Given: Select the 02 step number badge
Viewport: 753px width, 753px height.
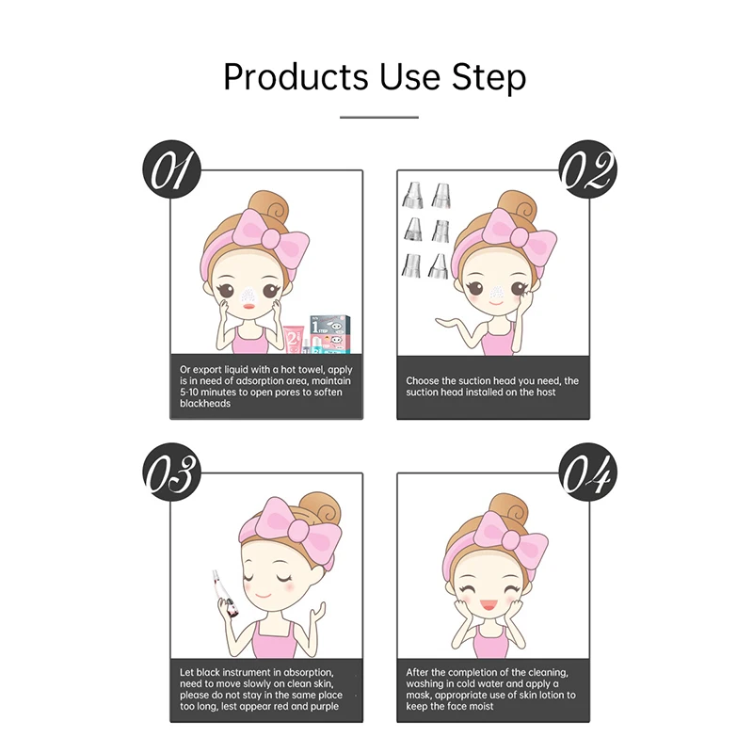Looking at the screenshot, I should point(588,171).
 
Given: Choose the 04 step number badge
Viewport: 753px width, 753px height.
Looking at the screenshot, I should point(588,473).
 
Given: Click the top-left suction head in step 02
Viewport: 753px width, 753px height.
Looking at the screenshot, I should point(412,195).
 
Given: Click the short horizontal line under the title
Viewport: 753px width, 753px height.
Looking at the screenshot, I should point(378,118).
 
